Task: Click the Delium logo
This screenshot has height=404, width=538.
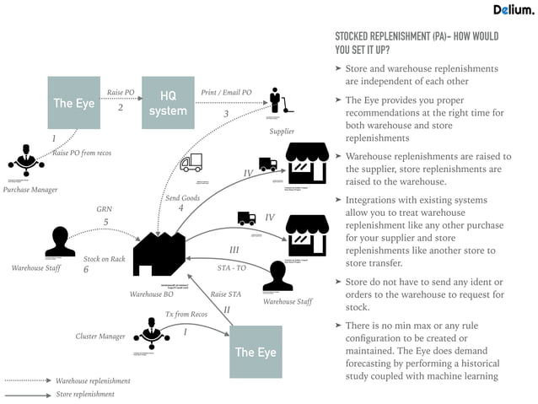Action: click(513, 10)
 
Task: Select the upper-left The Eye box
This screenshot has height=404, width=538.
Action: click(73, 103)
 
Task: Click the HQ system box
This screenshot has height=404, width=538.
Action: click(168, 103)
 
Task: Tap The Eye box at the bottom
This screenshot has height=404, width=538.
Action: click(256, 352)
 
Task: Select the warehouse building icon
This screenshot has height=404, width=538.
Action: click(159, 253)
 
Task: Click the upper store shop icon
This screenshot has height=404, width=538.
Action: click(307, 163)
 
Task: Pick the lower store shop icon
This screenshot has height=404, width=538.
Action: click(307, 235)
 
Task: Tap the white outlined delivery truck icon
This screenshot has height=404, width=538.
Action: click(191, 162)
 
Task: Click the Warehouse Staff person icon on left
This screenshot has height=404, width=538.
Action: click(60, 241)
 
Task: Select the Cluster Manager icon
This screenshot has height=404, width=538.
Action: click(152, 333)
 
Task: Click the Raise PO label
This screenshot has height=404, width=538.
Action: click(121, 92)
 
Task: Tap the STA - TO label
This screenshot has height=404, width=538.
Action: click(231, 267)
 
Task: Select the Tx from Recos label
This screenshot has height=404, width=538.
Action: click(186, 315)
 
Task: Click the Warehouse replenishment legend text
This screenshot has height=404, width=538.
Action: click(93, 381)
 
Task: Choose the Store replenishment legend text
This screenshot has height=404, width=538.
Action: click(85, 394)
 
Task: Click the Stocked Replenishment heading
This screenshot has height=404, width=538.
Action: click(417, 43)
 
